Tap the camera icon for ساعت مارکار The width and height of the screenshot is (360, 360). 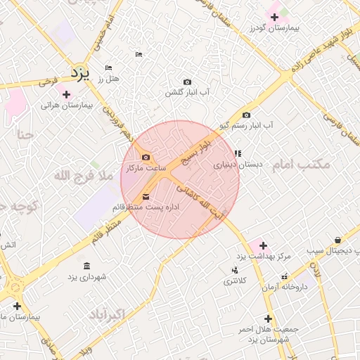[x=146, y=157]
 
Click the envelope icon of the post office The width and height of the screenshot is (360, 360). [x=146, y=196]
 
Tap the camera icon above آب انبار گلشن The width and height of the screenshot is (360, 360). [x=187, y=82]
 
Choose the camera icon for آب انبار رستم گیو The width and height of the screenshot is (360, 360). [x=246, y=115]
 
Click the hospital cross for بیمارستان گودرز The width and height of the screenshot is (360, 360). [x=274, y=17]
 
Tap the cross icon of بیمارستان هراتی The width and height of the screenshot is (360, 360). [x=66, y=94]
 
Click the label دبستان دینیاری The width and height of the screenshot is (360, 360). [x=238, y=165]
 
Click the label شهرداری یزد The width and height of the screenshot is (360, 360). [x=86, y=277]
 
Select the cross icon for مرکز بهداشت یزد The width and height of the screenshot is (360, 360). [x=263, y=245]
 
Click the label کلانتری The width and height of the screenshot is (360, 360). [x=236, y=281]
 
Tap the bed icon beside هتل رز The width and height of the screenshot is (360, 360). [x=108, y=67]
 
